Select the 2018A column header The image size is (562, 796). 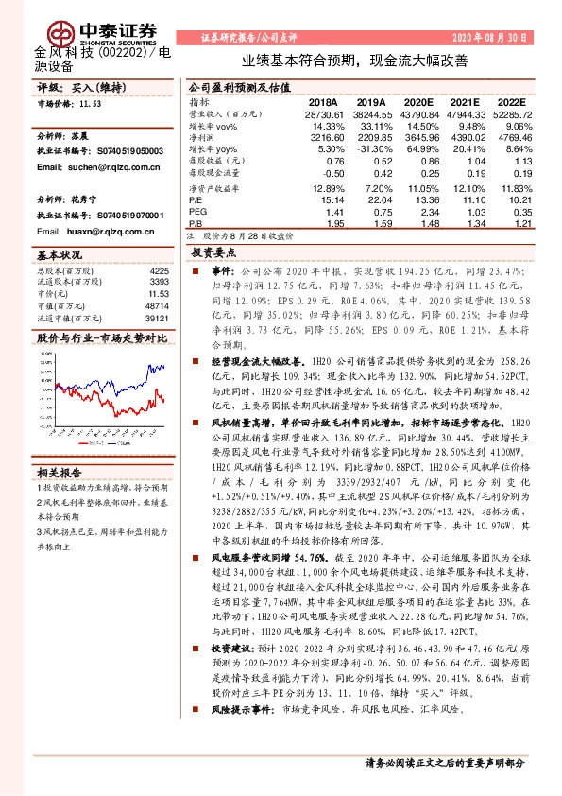322,101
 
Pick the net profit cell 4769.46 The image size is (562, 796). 513,137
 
